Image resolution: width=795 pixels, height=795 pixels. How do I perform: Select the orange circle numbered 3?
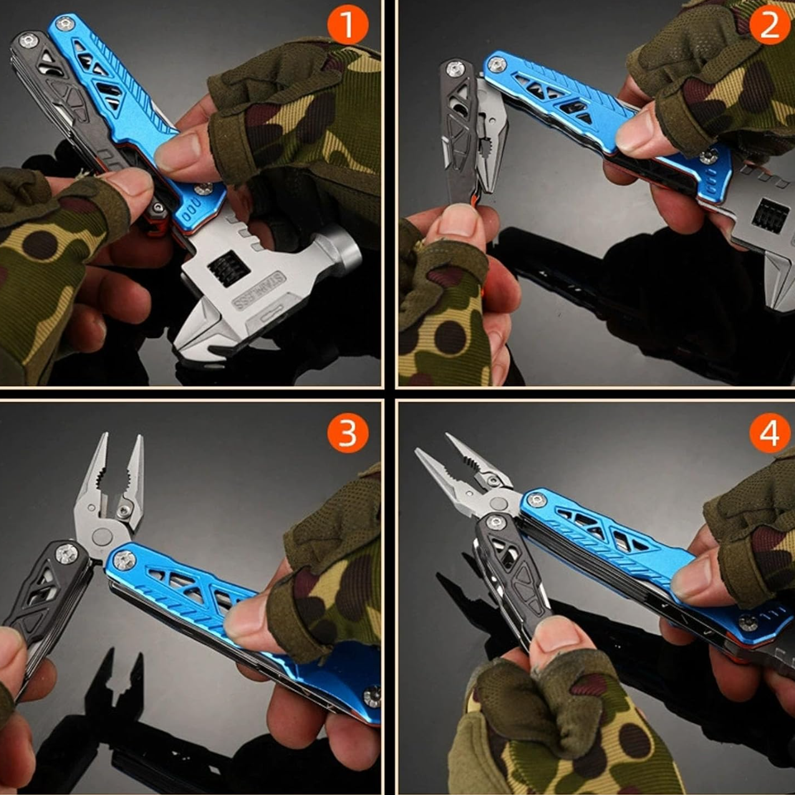(x=348, y=433)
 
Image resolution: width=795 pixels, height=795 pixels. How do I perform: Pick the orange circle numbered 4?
(x=770, y=433)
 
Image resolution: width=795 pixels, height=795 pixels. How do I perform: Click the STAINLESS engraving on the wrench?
(x=259, y=291)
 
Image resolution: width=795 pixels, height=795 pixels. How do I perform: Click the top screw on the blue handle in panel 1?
(x=65, y=24)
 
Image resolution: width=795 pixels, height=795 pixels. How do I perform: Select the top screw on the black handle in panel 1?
(x=28, y=41)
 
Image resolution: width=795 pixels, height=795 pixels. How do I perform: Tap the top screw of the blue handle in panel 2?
(x=496, y=64)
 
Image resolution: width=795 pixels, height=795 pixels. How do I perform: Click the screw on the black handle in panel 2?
(x=455, y=69)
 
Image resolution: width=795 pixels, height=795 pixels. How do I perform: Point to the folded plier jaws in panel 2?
(x=491, y=136)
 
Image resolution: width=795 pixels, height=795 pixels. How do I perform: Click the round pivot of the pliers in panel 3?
(x=102, y=537)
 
